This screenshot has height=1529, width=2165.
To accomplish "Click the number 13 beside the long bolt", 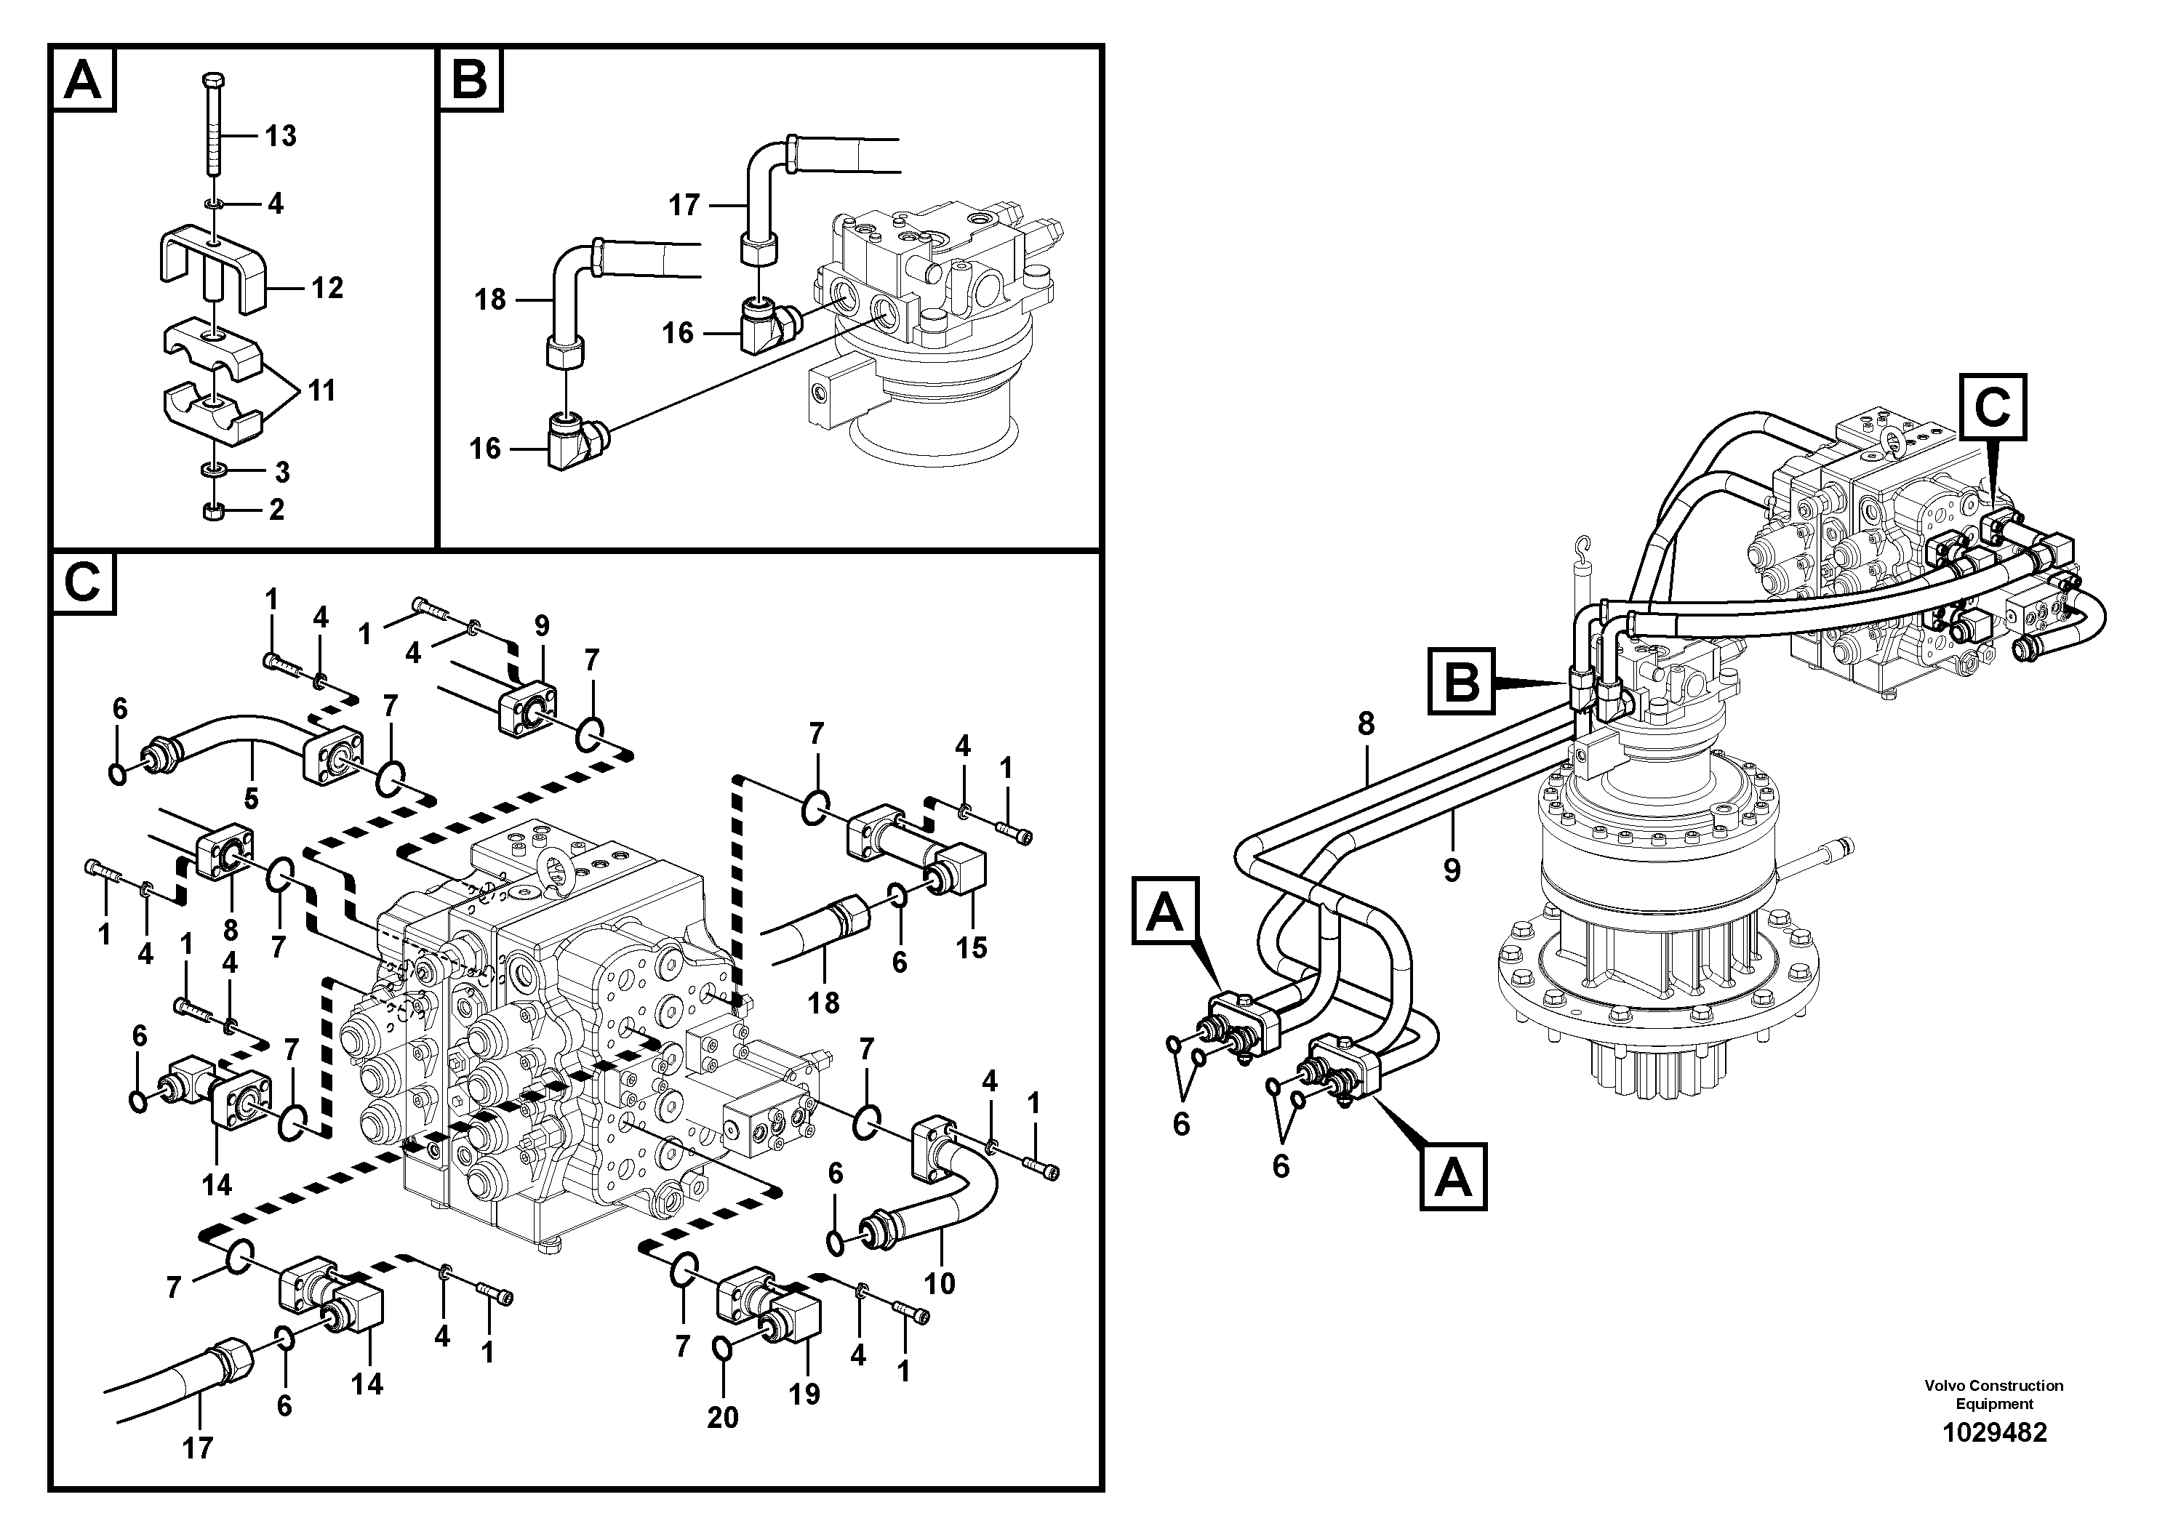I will click(280, 137).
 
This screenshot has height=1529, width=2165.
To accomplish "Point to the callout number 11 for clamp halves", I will click(321, 390).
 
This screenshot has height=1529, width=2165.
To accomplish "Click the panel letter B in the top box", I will click(470, 80).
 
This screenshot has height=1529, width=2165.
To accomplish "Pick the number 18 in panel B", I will click(490, 300).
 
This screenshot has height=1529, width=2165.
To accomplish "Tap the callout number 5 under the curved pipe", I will click(251, 799).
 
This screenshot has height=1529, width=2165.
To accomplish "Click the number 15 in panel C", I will click(972, 947).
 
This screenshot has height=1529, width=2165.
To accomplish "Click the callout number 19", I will click(804, 1394).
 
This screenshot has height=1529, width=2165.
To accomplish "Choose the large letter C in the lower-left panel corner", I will click(83, 584).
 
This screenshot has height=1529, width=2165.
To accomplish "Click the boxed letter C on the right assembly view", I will click(1993, 407).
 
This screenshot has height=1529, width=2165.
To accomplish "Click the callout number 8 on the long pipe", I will click(1366, 724).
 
